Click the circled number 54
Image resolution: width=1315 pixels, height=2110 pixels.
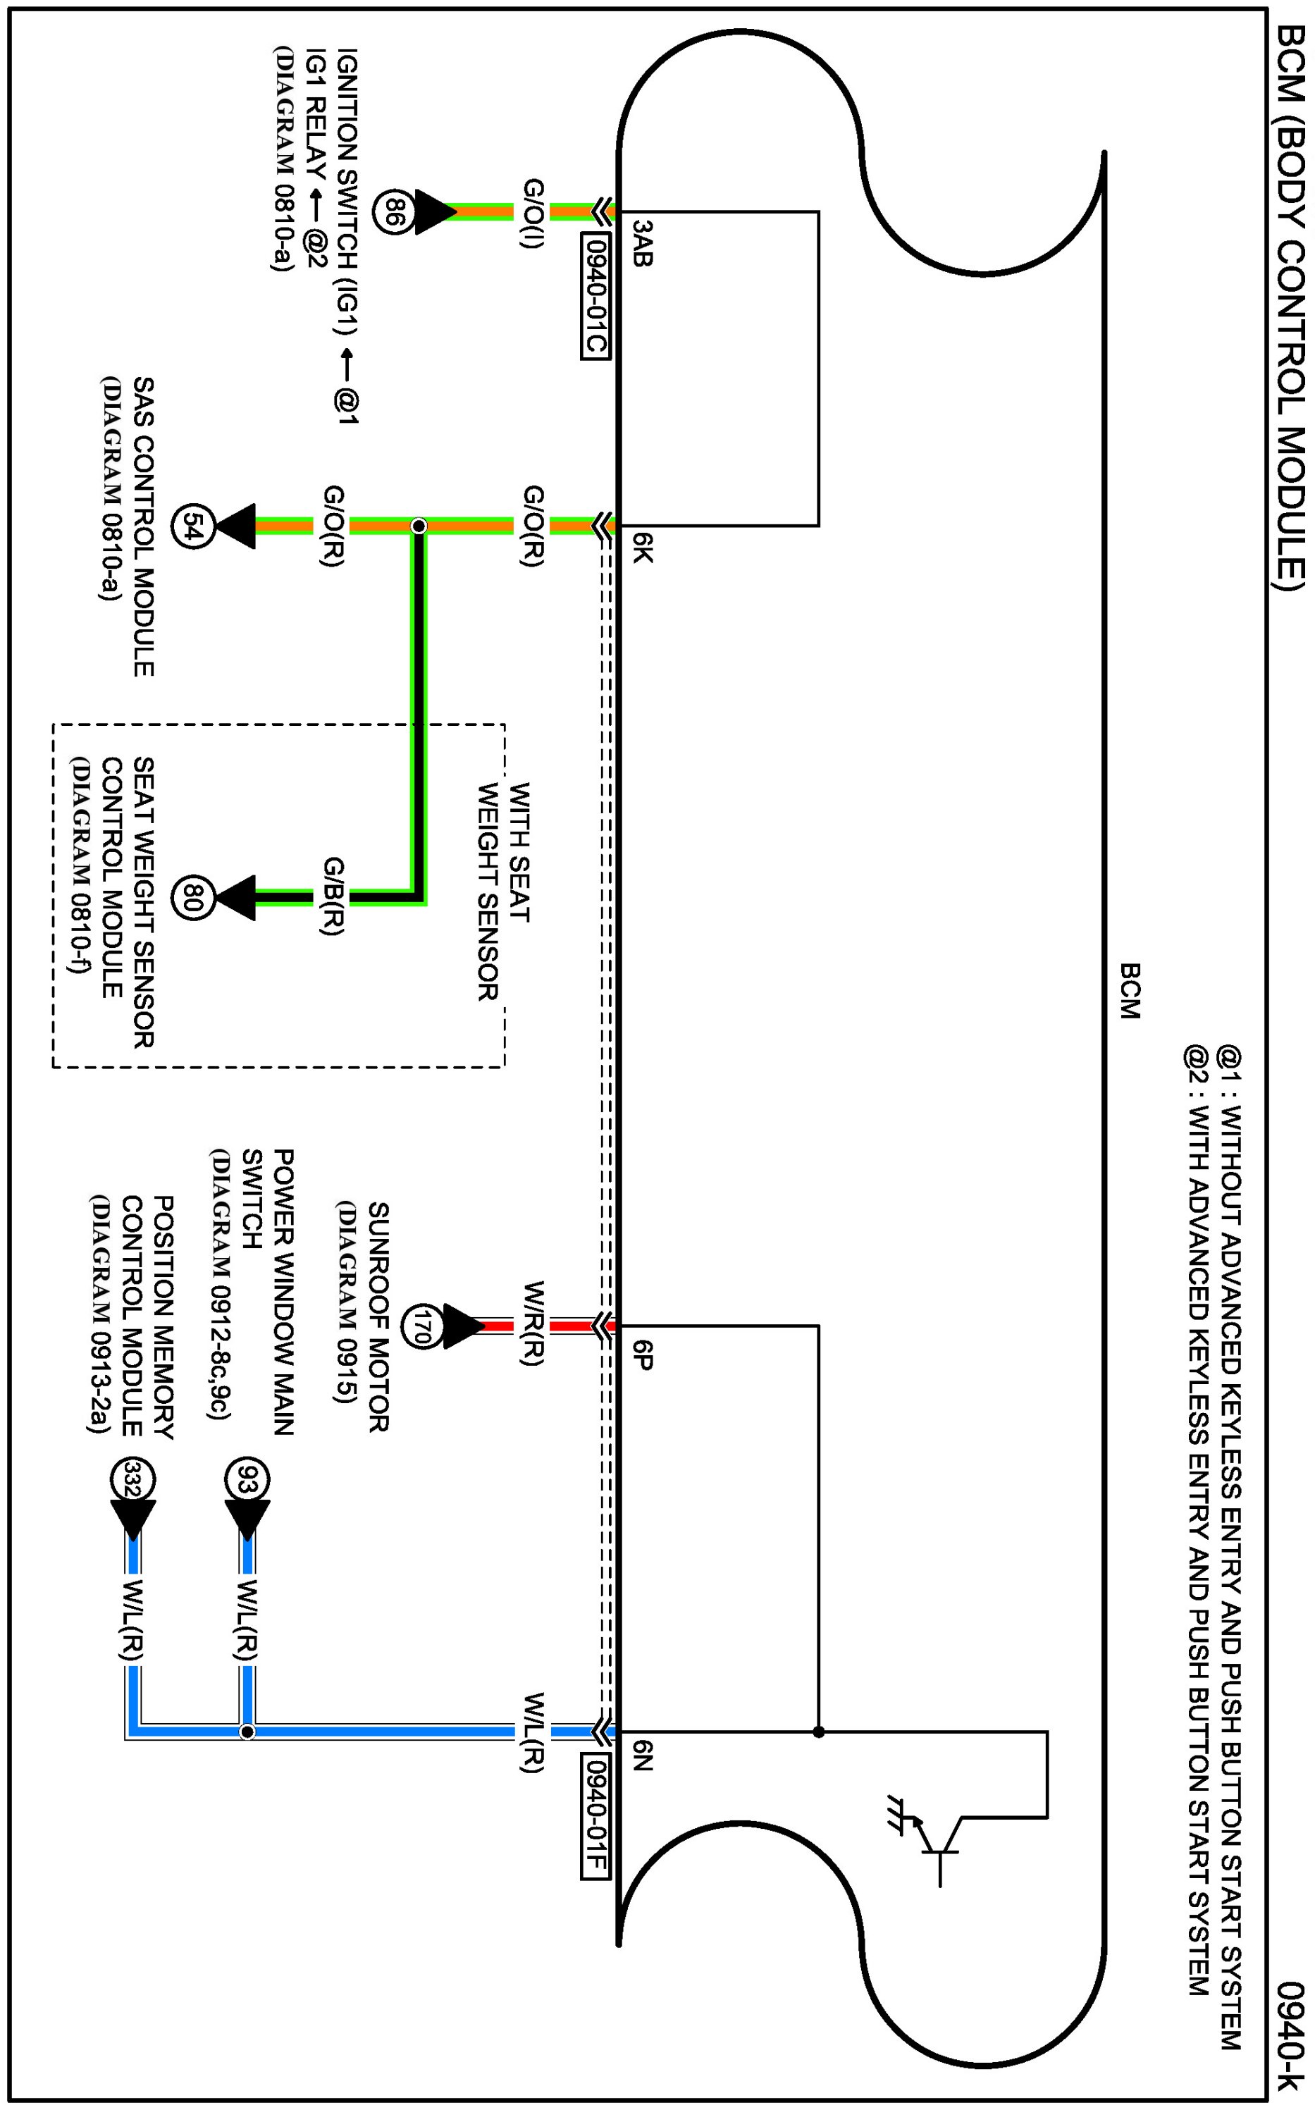click(194, 526)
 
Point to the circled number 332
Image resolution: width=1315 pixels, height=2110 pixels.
click(132, 1479)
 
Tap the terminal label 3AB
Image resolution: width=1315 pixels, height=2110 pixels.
click(641, 242)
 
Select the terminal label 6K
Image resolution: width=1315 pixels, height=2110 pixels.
click(641, 548)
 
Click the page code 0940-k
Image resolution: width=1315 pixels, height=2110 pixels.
click(1292, 2036)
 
